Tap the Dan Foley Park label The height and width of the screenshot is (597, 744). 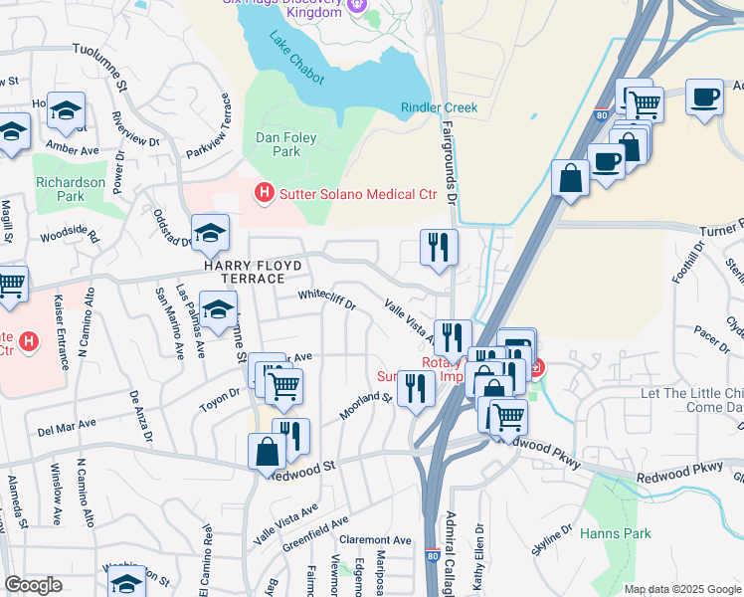coord(278,145)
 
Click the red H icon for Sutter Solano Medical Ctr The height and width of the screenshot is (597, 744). coord(264,192)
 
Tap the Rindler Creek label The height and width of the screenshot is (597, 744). coord(439,107)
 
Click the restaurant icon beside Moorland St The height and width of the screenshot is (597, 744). coord(415,387)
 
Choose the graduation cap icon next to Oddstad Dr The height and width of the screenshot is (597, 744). coord(210,233)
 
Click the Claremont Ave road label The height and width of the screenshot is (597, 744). coord(375,539)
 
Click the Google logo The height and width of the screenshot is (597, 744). coord(32,585)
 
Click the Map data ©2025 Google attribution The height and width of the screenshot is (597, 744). coord(681,589)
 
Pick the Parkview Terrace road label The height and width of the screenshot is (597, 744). coord(210,125)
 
